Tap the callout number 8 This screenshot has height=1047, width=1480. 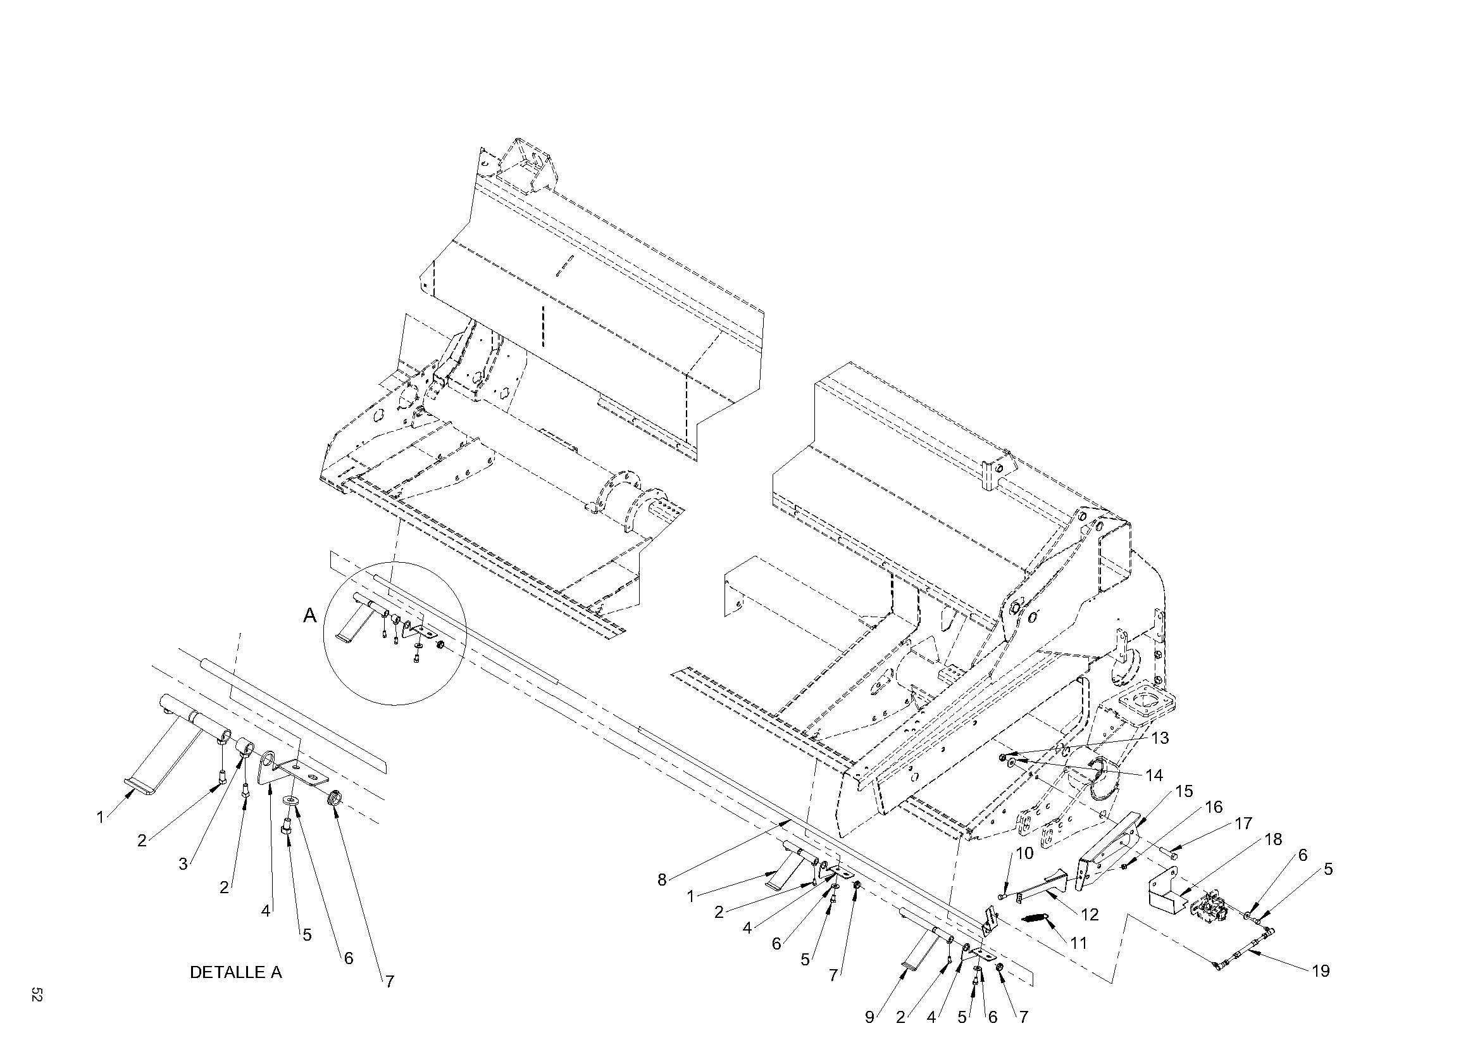tap(661, 879)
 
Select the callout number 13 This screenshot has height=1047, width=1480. tap(1160, 738)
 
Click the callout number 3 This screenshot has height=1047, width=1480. tap(183, 863)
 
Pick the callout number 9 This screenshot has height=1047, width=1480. tap(869, 1017)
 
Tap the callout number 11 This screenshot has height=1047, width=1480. tap(1078, 943)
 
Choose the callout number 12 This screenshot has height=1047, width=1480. tap(1090, 914)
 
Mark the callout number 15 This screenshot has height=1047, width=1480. tap(1183, 791)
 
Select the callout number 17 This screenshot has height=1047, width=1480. tap(1243, 824)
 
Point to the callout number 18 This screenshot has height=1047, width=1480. tap(1273, 839)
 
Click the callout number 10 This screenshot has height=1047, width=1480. tap(1024, 853)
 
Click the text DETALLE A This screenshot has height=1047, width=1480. tap(235, 972)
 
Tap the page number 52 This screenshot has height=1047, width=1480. tap(36, 994)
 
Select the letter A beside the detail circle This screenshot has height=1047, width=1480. tap(310, 616)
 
